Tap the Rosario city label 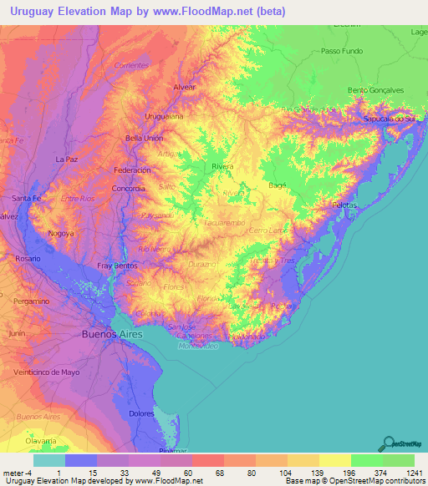28,259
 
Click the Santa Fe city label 28,198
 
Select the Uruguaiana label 164,116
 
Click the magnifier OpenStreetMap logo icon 387,444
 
